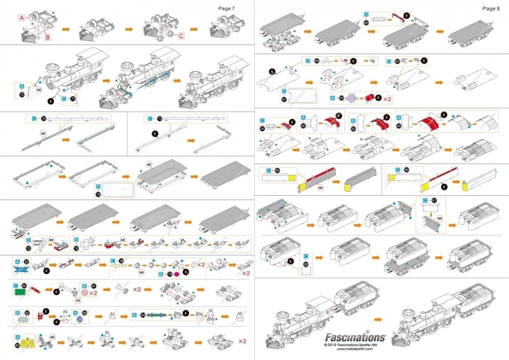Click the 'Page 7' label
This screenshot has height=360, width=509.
[226, 8]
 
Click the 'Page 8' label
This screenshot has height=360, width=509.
[490, 8]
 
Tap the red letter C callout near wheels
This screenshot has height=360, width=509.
[181, 36]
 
